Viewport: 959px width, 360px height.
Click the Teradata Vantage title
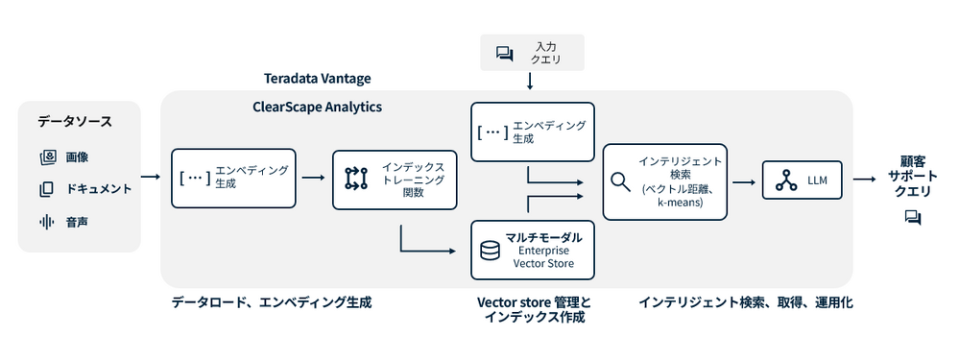click(x=318, y=78)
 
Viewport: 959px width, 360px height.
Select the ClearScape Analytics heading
click(x=318, y=107)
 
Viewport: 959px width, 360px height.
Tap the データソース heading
click(x=75, y=121)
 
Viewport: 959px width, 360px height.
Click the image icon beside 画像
click(x=48, y=157)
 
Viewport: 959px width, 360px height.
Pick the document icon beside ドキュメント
click(x=46, y=189)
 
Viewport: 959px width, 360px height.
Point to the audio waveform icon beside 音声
click(x=47, y=222)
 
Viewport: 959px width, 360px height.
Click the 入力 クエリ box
click(x=532, y=53)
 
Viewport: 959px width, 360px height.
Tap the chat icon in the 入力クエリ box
click(x=505, y=54)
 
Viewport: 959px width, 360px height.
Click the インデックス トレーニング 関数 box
click(x=396, y=180)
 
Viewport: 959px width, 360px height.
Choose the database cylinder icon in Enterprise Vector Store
click(x=490, y=251)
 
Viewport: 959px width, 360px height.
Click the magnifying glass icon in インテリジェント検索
click(x=621, y=182)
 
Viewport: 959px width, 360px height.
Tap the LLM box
click(x=802, y=180)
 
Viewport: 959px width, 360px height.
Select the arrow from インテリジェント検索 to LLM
click(x=744, y=181)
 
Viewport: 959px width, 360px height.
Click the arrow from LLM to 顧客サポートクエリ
click(x=864, y=180)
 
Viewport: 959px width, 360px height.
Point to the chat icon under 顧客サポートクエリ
click(x=913, y=218)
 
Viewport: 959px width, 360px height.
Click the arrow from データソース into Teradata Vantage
click(x=151, y=177)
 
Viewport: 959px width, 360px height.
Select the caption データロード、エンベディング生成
click(x=272, y=302)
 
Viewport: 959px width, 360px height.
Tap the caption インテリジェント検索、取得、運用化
click(x=746, y=302)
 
